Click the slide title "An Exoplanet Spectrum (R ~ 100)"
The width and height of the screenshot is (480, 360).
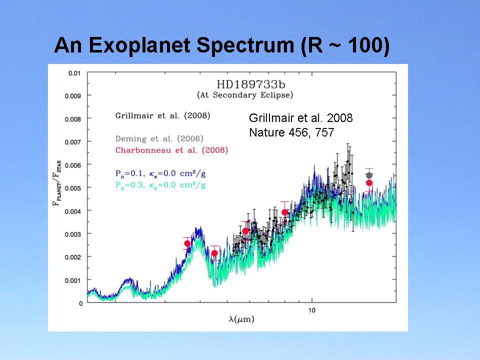click(221, 45)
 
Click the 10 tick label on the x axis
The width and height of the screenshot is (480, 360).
click(311, 311)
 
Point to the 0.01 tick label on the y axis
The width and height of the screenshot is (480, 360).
click(74, 73)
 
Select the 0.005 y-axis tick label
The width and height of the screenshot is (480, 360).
click(72, 187)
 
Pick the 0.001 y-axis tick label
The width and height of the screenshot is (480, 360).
click(72, 279)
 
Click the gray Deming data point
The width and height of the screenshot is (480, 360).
click(369, 175)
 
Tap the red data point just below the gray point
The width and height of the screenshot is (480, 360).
click(369, 182)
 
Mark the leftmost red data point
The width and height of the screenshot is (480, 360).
click(187, 243)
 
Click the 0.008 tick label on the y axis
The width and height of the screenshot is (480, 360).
click(72, 119)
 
